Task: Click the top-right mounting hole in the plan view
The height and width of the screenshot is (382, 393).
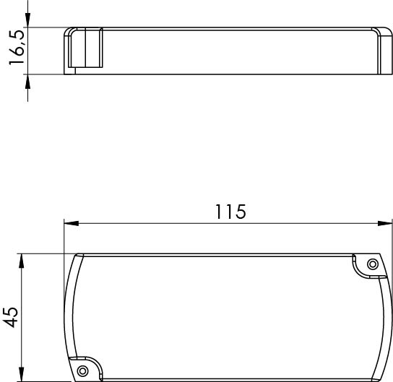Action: [x=372, y=264]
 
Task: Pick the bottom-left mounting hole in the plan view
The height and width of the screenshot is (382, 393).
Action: [x=82, y=370]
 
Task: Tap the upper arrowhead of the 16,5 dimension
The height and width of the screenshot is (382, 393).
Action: [x=27, y=22]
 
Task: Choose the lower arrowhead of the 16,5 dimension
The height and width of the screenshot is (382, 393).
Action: [x=27, y=82]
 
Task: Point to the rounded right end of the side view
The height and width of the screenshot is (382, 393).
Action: [x=381, y=51]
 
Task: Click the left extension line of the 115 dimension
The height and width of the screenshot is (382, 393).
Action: [x=64, y=238]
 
